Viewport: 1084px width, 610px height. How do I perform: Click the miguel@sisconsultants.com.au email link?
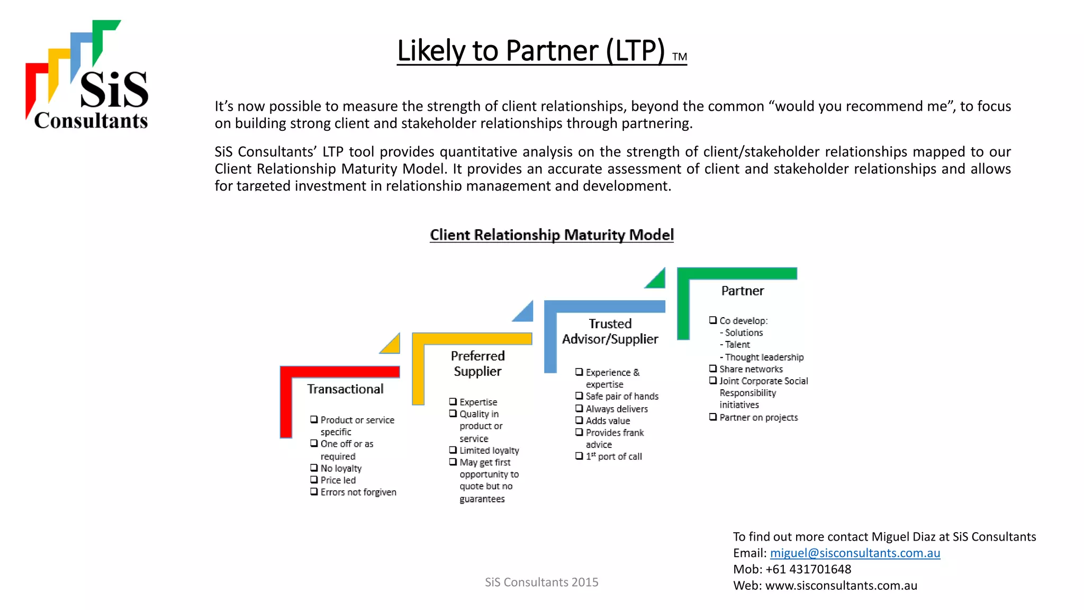(x=855, y=553)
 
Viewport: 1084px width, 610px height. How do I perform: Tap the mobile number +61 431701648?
(x=808, y=569)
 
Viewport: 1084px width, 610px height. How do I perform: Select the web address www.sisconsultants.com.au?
(x=841, y=586)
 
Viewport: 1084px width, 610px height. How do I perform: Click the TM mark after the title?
(x=680, y=57)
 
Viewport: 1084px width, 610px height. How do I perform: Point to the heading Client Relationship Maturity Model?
(x=552, y=235)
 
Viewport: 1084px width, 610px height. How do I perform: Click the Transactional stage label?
(x=345, y=389)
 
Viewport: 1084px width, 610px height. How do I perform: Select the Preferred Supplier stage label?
(x=477, y=364)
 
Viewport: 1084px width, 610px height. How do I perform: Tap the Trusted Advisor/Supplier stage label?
(x=610, y=331)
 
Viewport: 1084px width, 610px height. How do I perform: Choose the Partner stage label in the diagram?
(x=743, y=291)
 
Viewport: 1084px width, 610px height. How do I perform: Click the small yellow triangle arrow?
(x=392, y=345)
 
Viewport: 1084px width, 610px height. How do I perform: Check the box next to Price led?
(x=314, y=480)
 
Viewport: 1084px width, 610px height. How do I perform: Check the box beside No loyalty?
(x=314, y=468)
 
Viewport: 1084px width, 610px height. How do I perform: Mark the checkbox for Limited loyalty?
(x=453, y=450)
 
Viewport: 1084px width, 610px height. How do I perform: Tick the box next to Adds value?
(x=579, y=420)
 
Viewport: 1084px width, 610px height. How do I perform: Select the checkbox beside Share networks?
(x=713, y=369)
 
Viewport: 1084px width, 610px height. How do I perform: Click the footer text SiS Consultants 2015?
(x=541, y=582)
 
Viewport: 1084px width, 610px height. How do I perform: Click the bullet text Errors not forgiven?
(x=358, y=492)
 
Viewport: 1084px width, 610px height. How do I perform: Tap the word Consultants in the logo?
(x=91, y=121)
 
